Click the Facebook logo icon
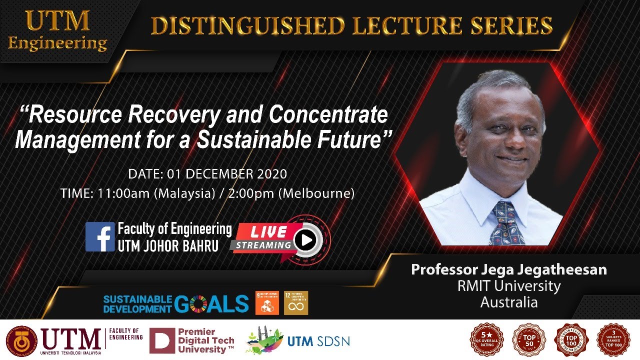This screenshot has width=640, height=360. click(100, 236)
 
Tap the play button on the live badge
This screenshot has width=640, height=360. click(305, 241)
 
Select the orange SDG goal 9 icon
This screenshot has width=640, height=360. click(267, 303)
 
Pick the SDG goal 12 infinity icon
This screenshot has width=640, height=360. click(296, 303)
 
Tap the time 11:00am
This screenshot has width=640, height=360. click(121, 193)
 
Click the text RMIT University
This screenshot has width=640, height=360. click(508, 286)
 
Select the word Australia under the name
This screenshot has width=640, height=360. click(508, 302)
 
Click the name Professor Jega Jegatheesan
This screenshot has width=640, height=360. click(508, 269)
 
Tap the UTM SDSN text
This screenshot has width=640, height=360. click(318, 341)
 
